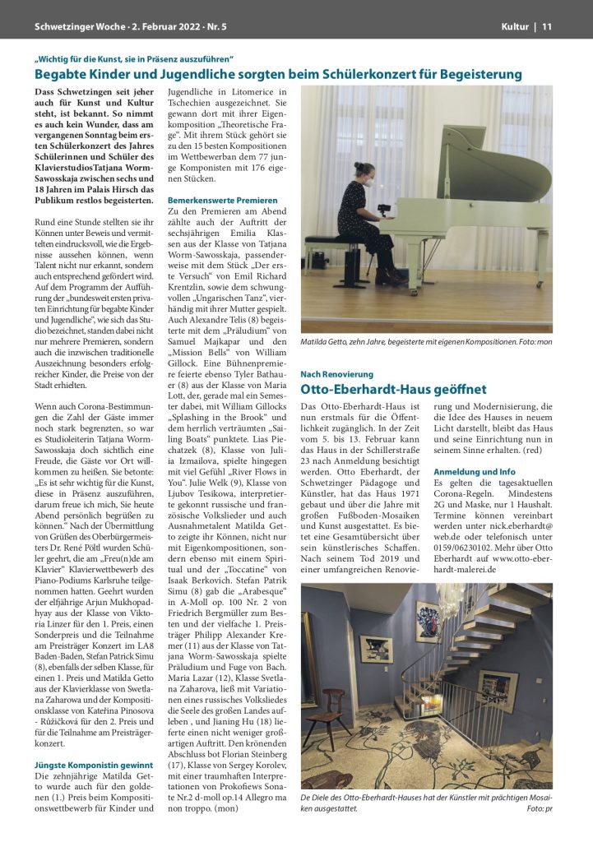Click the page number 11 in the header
coord(546,26)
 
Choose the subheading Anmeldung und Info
coord(474,471)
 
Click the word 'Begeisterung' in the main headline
coord(475,74)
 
